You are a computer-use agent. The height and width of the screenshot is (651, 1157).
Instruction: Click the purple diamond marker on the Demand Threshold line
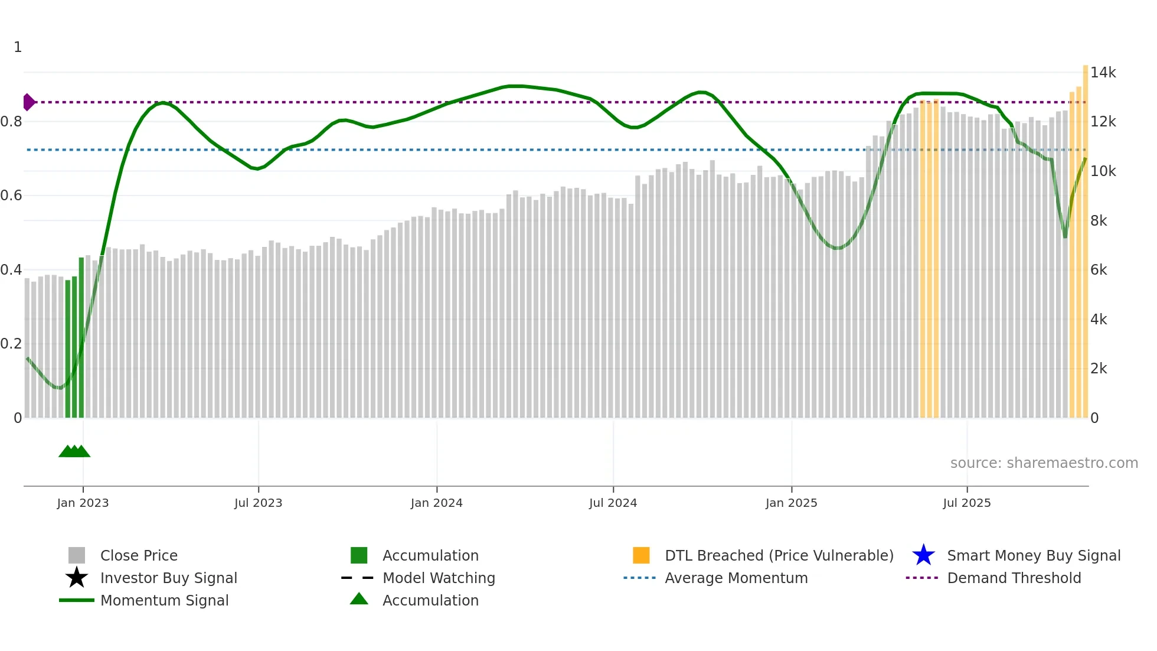pos(28,102)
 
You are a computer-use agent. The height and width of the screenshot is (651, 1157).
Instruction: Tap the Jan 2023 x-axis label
pos(83,503)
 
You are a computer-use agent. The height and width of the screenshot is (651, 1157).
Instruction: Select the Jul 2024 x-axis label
pos(613,503)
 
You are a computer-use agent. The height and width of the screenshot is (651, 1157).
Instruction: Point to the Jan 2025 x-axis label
pos(791,503)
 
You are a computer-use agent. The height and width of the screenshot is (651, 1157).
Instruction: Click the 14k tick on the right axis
pos(1103,73)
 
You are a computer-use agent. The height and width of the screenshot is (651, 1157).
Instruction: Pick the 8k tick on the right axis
pos(1099,221)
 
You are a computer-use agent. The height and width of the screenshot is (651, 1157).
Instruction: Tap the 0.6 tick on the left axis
pos(11,196)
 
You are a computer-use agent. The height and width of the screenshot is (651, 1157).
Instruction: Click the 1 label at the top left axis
pos(18,47)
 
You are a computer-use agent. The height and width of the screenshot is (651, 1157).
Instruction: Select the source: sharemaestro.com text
pos(1044,463)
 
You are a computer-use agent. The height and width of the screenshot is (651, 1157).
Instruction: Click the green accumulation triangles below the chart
pos(74,451)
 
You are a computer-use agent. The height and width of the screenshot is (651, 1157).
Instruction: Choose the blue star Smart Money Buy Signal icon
pos(923,555)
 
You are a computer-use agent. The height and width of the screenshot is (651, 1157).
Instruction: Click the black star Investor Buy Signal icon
pos(77,578)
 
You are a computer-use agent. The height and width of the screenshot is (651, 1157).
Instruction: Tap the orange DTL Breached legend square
pos(641,555)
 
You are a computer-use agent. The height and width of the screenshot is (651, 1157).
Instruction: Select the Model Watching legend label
pos(439,578)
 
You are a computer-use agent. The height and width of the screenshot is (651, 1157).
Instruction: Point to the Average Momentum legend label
pos(736,578)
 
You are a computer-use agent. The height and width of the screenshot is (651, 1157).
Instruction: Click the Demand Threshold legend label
pos(1014,578)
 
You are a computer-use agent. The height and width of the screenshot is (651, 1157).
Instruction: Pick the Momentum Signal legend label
pos(164,600)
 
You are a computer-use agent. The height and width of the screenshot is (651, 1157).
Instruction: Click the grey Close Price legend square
pos(77,555)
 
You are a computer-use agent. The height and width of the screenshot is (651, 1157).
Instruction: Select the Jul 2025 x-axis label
pos(966,503)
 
